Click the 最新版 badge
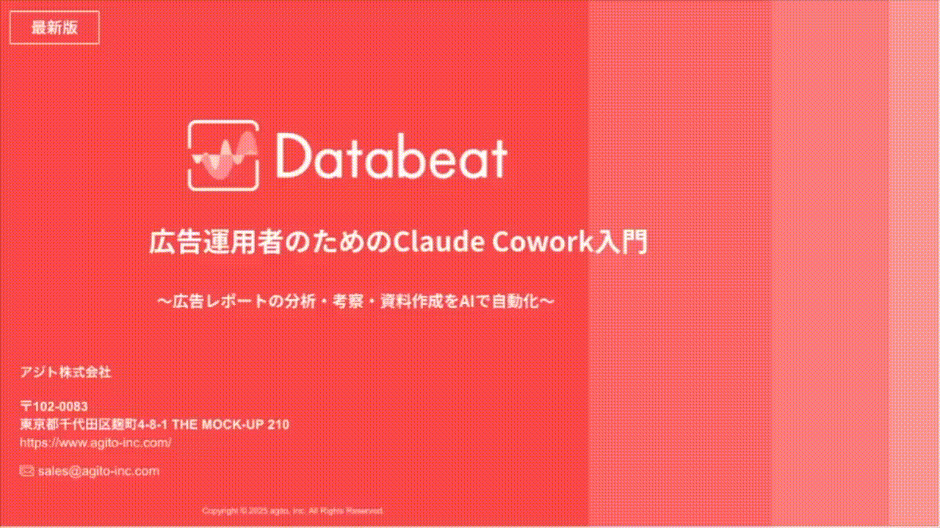tap(54, 28)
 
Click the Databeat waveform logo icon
tap(223, 155)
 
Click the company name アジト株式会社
tap(65, 373)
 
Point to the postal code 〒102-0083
tap(54, 406)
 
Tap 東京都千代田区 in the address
tap(60, 425)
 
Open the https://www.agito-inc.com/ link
tap(95, 443)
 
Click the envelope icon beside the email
tap(26, 471)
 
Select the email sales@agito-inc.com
tap(98, 471)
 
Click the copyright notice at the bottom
tap(292, 510)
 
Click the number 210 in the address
tap(279, 425)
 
